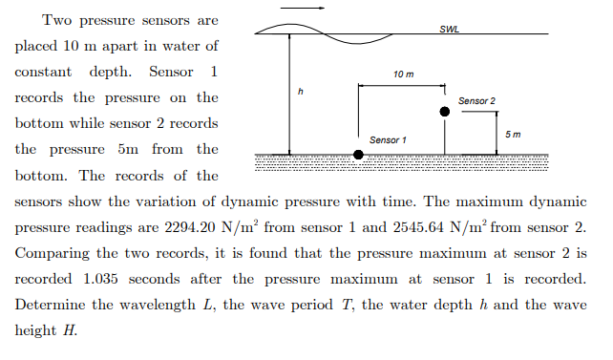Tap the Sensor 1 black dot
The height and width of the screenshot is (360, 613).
pos(358,154)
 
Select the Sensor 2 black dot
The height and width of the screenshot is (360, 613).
pos(444,112)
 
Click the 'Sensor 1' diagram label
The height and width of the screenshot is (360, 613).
pos(388,140)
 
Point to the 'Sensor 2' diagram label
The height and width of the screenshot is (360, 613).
pos(476,100)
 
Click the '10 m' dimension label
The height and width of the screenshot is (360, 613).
pos(403,74)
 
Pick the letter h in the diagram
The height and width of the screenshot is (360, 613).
pos(300,91)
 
